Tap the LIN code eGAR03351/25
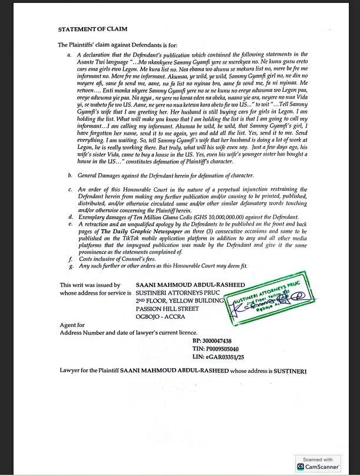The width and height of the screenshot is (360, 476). point(214,357)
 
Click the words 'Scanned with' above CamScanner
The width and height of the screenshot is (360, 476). point(318,459)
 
